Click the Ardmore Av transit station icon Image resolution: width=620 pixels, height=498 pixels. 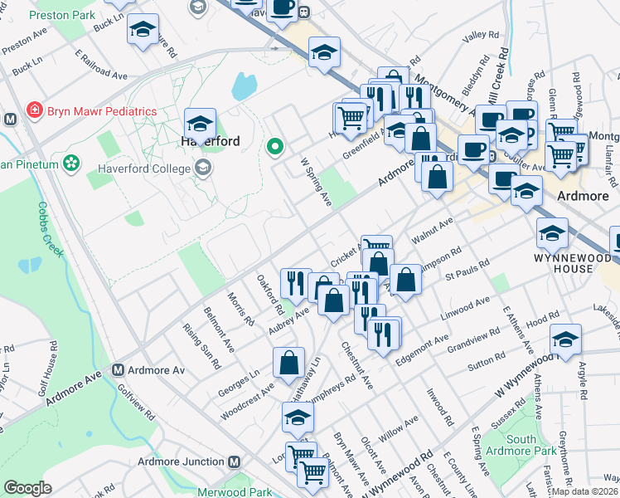119,369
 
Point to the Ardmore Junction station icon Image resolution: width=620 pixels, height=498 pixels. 235,461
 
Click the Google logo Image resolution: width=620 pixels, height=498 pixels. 27,488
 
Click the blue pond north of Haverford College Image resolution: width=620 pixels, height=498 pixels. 245,85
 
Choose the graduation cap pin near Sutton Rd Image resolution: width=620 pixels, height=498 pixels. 565,339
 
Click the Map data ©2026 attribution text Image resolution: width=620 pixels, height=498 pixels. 585,491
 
